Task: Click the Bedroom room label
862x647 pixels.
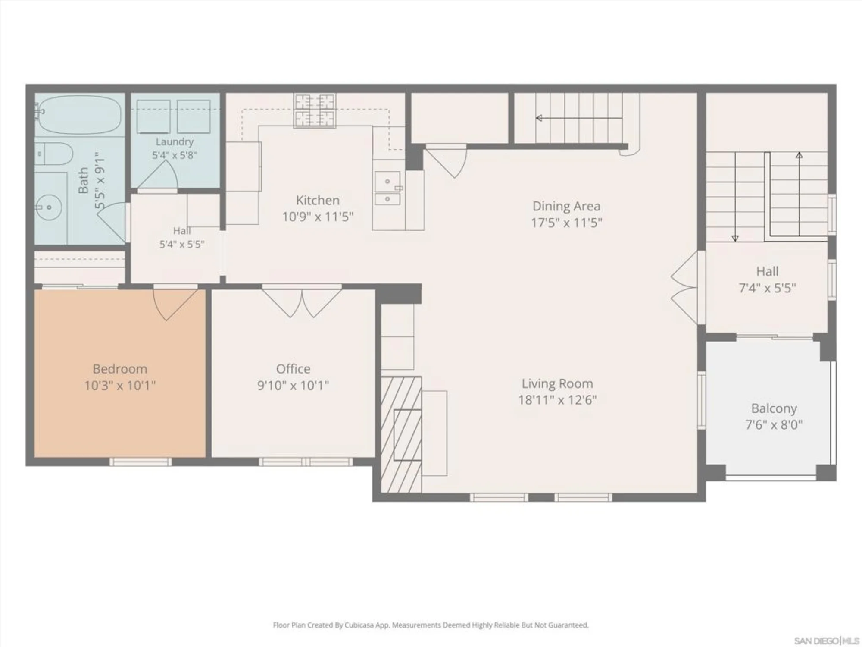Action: pos(120,369)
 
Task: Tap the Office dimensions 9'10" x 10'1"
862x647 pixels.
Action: pos(293,385)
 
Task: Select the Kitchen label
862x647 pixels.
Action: pos(318,200)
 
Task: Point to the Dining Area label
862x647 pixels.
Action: pos(566,206)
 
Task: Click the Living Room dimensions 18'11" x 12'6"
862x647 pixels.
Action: pos(557,400)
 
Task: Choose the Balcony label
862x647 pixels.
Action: pos(774,408)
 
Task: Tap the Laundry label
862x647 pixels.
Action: pos(175,141)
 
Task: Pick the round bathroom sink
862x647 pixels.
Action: pos(49,207)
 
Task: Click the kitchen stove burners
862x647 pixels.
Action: pos(314,110)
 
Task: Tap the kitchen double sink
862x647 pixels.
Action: pos(387,188)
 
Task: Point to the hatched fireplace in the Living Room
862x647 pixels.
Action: pos(401,435)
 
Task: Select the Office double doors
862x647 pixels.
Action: pos(302,302)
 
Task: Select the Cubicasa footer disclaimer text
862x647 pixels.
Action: pos(431,625)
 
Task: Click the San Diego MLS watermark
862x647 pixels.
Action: pos(826,641)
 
